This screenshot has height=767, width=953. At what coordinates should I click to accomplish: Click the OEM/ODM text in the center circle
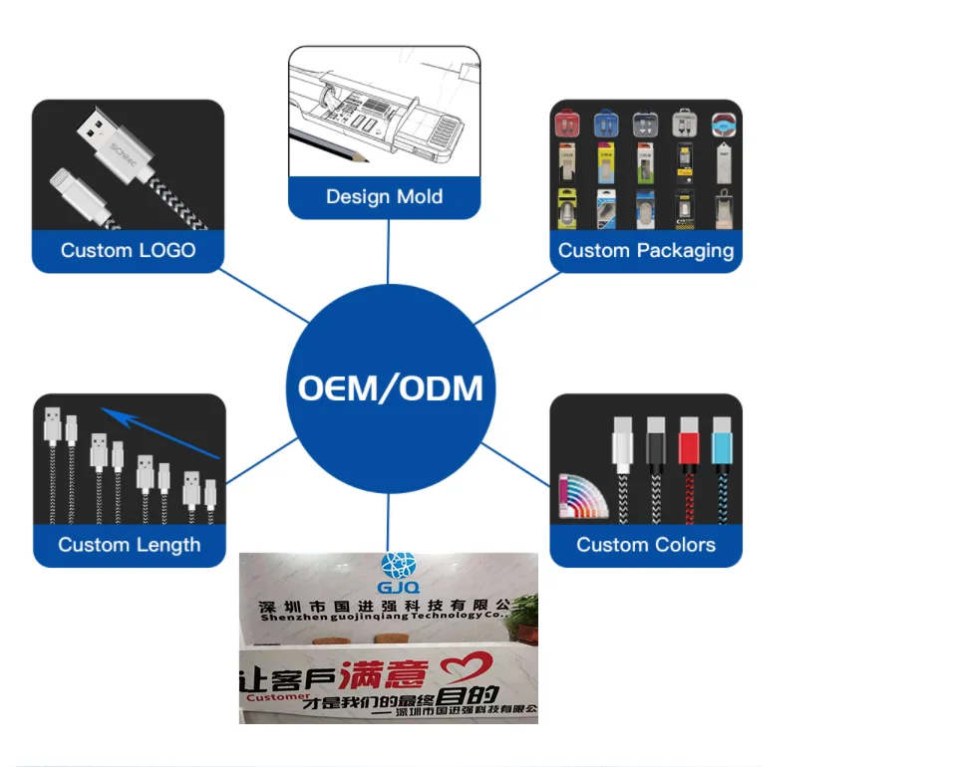tap(390, 387)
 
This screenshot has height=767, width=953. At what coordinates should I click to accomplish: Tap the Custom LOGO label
tap(128, 250)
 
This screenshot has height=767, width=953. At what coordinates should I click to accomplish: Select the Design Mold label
tap(384, 196)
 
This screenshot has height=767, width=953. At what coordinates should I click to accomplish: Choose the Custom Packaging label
tap(645, 250)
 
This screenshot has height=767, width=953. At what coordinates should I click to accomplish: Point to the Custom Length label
tap(129, 544)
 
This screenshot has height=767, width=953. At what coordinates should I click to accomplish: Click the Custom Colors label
tap(645, 544)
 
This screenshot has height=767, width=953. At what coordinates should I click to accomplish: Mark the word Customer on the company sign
tap(275, 697)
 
